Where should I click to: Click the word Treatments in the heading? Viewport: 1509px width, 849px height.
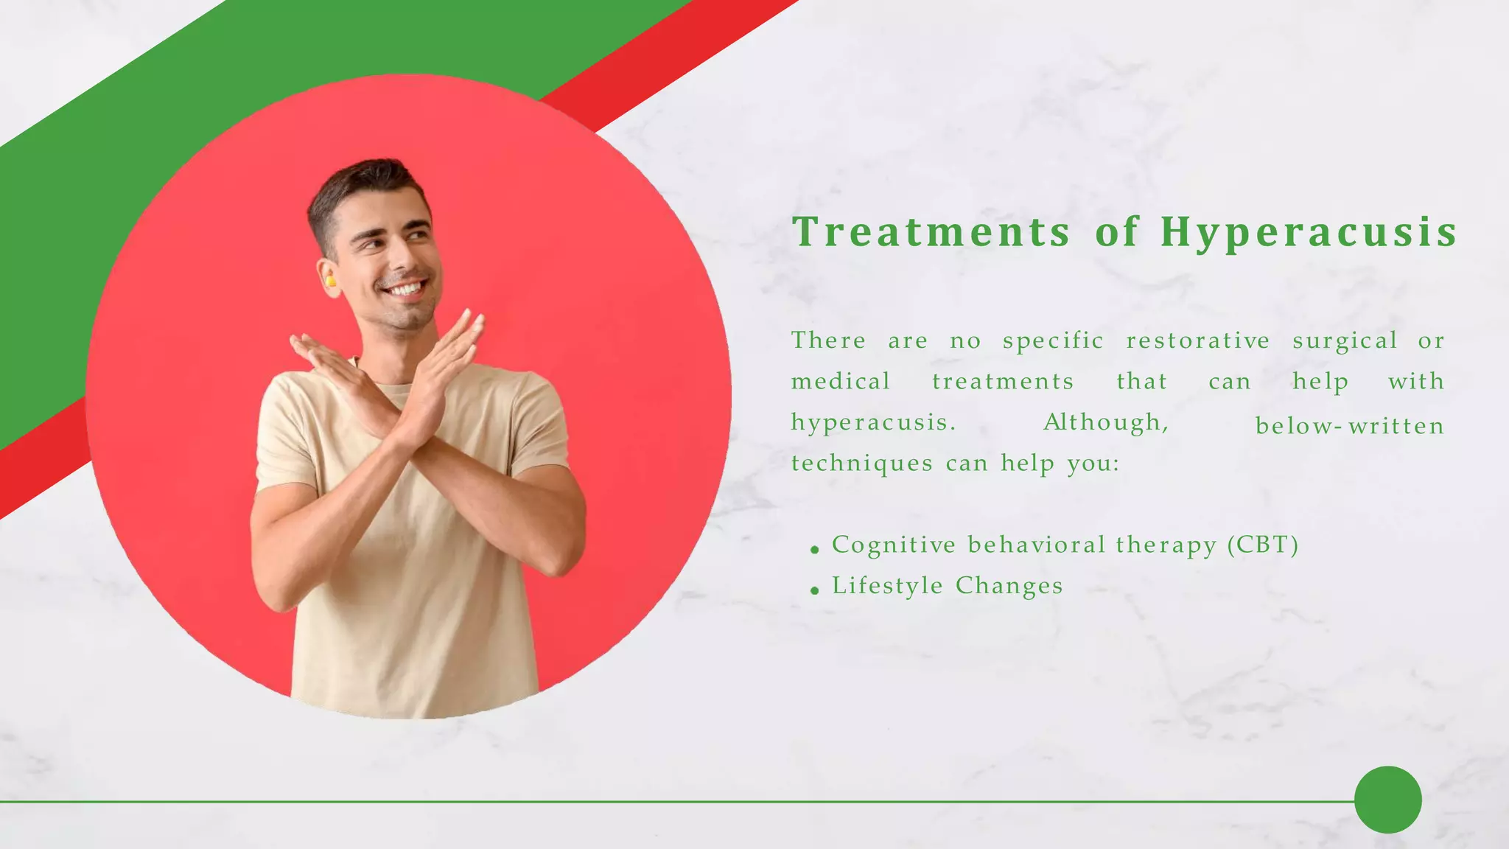(x=931, y=231)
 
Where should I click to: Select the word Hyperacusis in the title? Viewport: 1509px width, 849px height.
(x=1309, y=233)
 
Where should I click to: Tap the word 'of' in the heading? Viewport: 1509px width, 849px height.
(x=1117, y=231)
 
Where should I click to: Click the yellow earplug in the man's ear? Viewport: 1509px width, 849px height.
(x=330, y=281)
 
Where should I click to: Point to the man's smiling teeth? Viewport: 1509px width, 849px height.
(x=407, y=288)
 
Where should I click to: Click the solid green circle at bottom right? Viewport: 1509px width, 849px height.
(x=1387, y=800)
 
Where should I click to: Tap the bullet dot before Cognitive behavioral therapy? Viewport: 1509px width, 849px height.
(x=814, y=549)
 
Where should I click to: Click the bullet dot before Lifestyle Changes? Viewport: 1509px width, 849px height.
(x=814, y=590)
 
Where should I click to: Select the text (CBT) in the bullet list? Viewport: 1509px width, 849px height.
(x=1263, y=545)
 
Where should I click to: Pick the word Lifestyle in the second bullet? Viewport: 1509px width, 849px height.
(x=887, y=586)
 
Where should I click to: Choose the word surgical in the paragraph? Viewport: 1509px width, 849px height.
(x=1345, y=341)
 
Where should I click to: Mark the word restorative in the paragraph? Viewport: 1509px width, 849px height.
(x=1198, y=340)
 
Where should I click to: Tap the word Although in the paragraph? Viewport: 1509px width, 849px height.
(x=1105, y=422)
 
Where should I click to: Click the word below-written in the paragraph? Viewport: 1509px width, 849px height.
(x=1349, y=426)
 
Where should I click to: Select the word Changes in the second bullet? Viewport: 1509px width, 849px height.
(x=1009, y=586)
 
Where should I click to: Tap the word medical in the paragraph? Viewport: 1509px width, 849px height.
(x=841, y=382)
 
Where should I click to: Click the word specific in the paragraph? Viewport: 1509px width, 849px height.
(x=1053, y=341)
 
